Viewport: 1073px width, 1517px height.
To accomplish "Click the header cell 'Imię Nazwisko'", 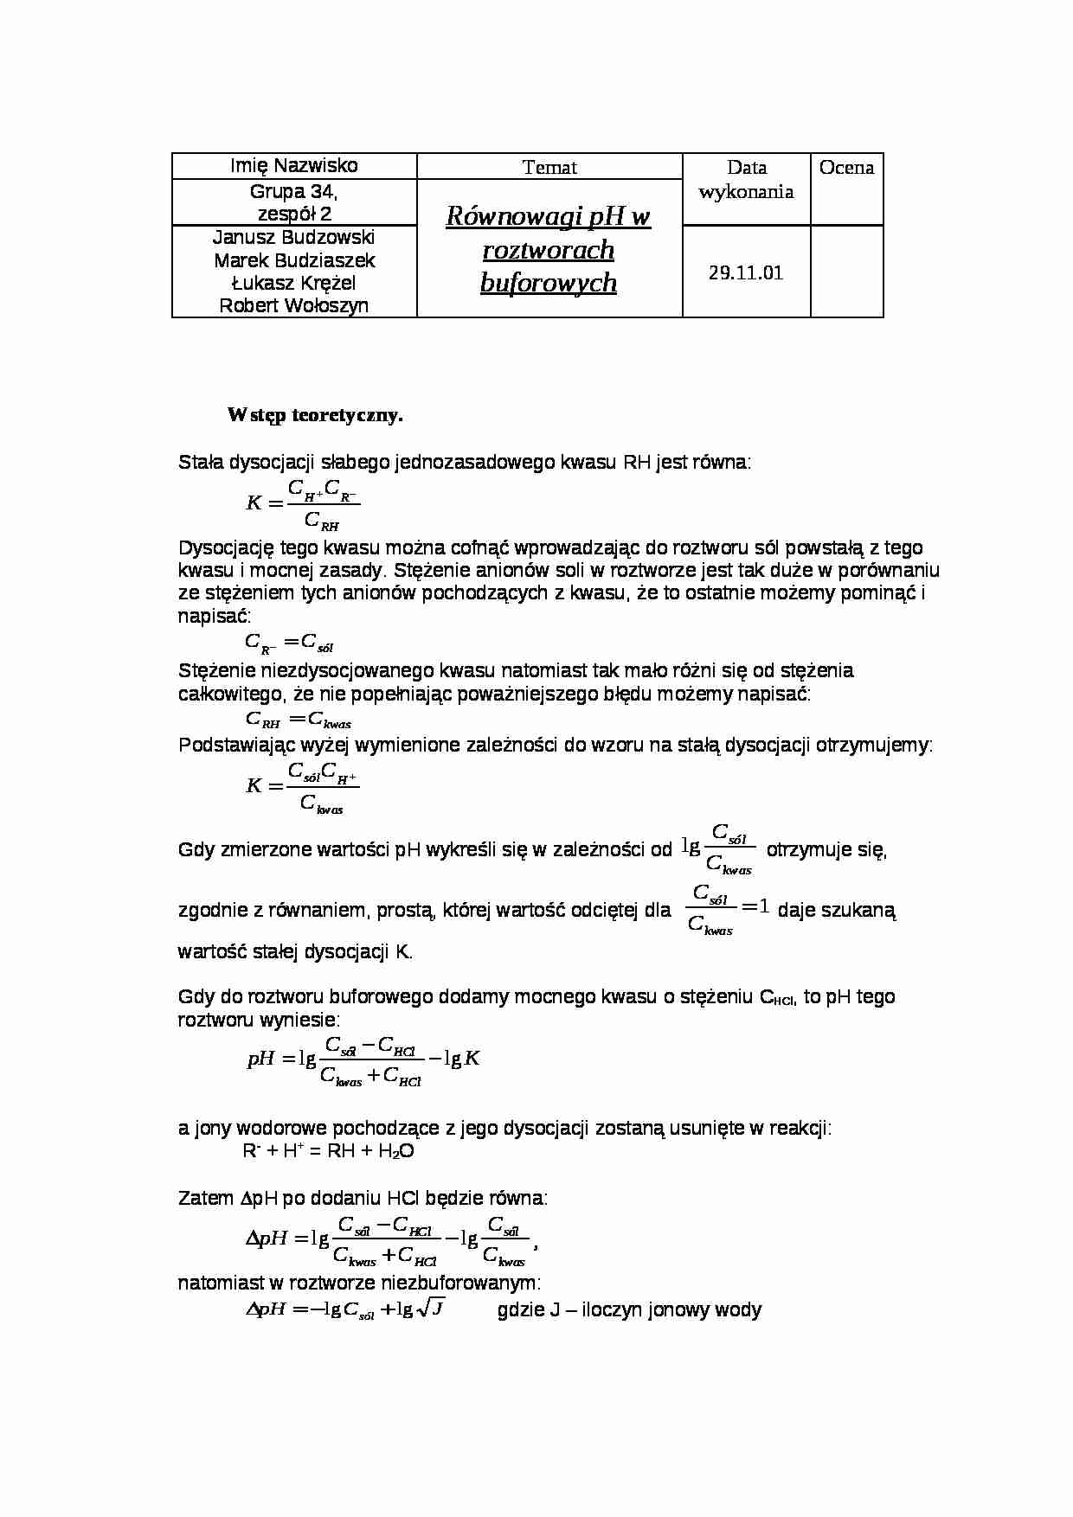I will pos(293,166).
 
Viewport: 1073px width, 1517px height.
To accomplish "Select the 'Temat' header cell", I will pos(549,168).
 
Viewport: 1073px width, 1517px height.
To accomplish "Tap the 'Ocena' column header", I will pos(846,168).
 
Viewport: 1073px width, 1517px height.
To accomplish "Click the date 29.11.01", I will pos(746,273).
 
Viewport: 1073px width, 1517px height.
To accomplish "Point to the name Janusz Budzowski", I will pos(293,238).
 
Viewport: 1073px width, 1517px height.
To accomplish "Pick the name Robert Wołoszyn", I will pos(293,305).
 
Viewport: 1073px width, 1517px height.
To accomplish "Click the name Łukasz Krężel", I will pos(293,283).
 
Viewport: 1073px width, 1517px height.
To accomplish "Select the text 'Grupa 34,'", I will pos(293,191).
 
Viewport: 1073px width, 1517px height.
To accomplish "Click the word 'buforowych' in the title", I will pos(549,283).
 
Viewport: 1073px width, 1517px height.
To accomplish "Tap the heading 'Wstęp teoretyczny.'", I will pos(315,415).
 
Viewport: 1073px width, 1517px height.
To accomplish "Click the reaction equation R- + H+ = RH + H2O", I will pos(329,1151).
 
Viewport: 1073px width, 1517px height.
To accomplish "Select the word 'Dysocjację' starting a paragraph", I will pos(226,548).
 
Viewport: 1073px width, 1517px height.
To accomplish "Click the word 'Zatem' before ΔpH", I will pos(205,1199).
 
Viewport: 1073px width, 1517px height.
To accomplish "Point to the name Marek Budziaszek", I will pos(293,260).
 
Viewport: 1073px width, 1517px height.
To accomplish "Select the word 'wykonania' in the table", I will pos(746,191).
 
